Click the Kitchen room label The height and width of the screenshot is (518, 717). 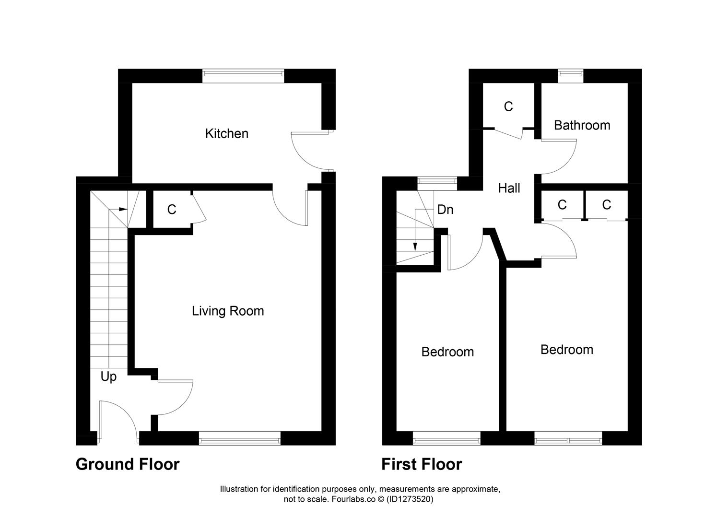(x=226, y=133)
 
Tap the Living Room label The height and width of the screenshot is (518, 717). (x=228, y=311)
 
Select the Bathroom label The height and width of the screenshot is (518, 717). (x=582, y=125)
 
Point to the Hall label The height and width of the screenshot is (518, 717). (x=509, y=188)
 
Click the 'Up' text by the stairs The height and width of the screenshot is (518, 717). (x=108, y=377)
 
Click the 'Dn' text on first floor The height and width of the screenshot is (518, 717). (x=445, y=210)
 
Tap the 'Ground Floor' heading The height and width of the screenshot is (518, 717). (x=128, y=464)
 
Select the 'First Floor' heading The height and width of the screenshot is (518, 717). (x=422, y=464)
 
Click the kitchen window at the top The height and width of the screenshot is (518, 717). (x=243, y=73)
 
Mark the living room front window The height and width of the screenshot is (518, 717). (x=239, y=438)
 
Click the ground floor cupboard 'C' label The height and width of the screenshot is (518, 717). (x=172, y=210)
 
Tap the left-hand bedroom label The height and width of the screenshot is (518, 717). (x=447, y=352)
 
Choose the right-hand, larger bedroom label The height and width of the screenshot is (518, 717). (x=566, y=350)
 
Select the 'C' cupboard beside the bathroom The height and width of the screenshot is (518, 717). (x=508, y=106)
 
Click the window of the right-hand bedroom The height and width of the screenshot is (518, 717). (x=568, y=438)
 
